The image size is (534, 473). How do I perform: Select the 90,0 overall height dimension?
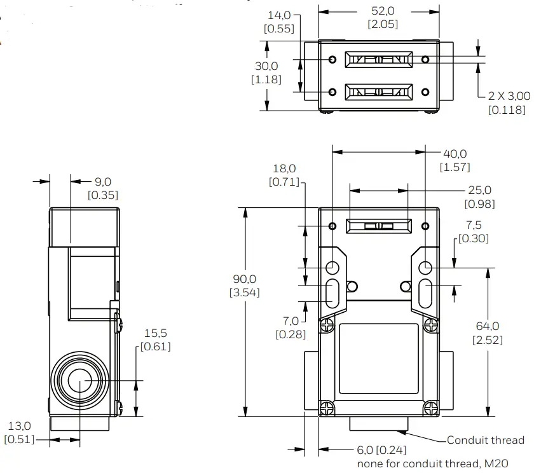pyautogui.click(x=244, y=278)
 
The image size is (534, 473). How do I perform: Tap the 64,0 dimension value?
pyautogui.click(x=488, y=326)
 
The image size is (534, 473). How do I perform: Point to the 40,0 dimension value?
pyautogui.click(x=454, y=154)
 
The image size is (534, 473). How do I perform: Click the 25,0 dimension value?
pyautogui.click(x=479, y=190)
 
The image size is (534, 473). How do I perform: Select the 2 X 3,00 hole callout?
pyautogui.click(x=509, y=96)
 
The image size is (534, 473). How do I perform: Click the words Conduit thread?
pyautogui.click(x=486, y=440)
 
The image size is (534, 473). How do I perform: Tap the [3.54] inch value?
pyautogui.click(x=244, y=292)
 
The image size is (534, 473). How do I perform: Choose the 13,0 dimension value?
pyautogui.click(x=19, y=425)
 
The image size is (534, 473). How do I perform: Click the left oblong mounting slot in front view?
pyautogui.click(x=332, y=292)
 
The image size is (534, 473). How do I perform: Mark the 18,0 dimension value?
pyautogui.click(x=284, y=168)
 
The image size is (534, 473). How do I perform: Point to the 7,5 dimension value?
pyautogui.click(x=474, y=225)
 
